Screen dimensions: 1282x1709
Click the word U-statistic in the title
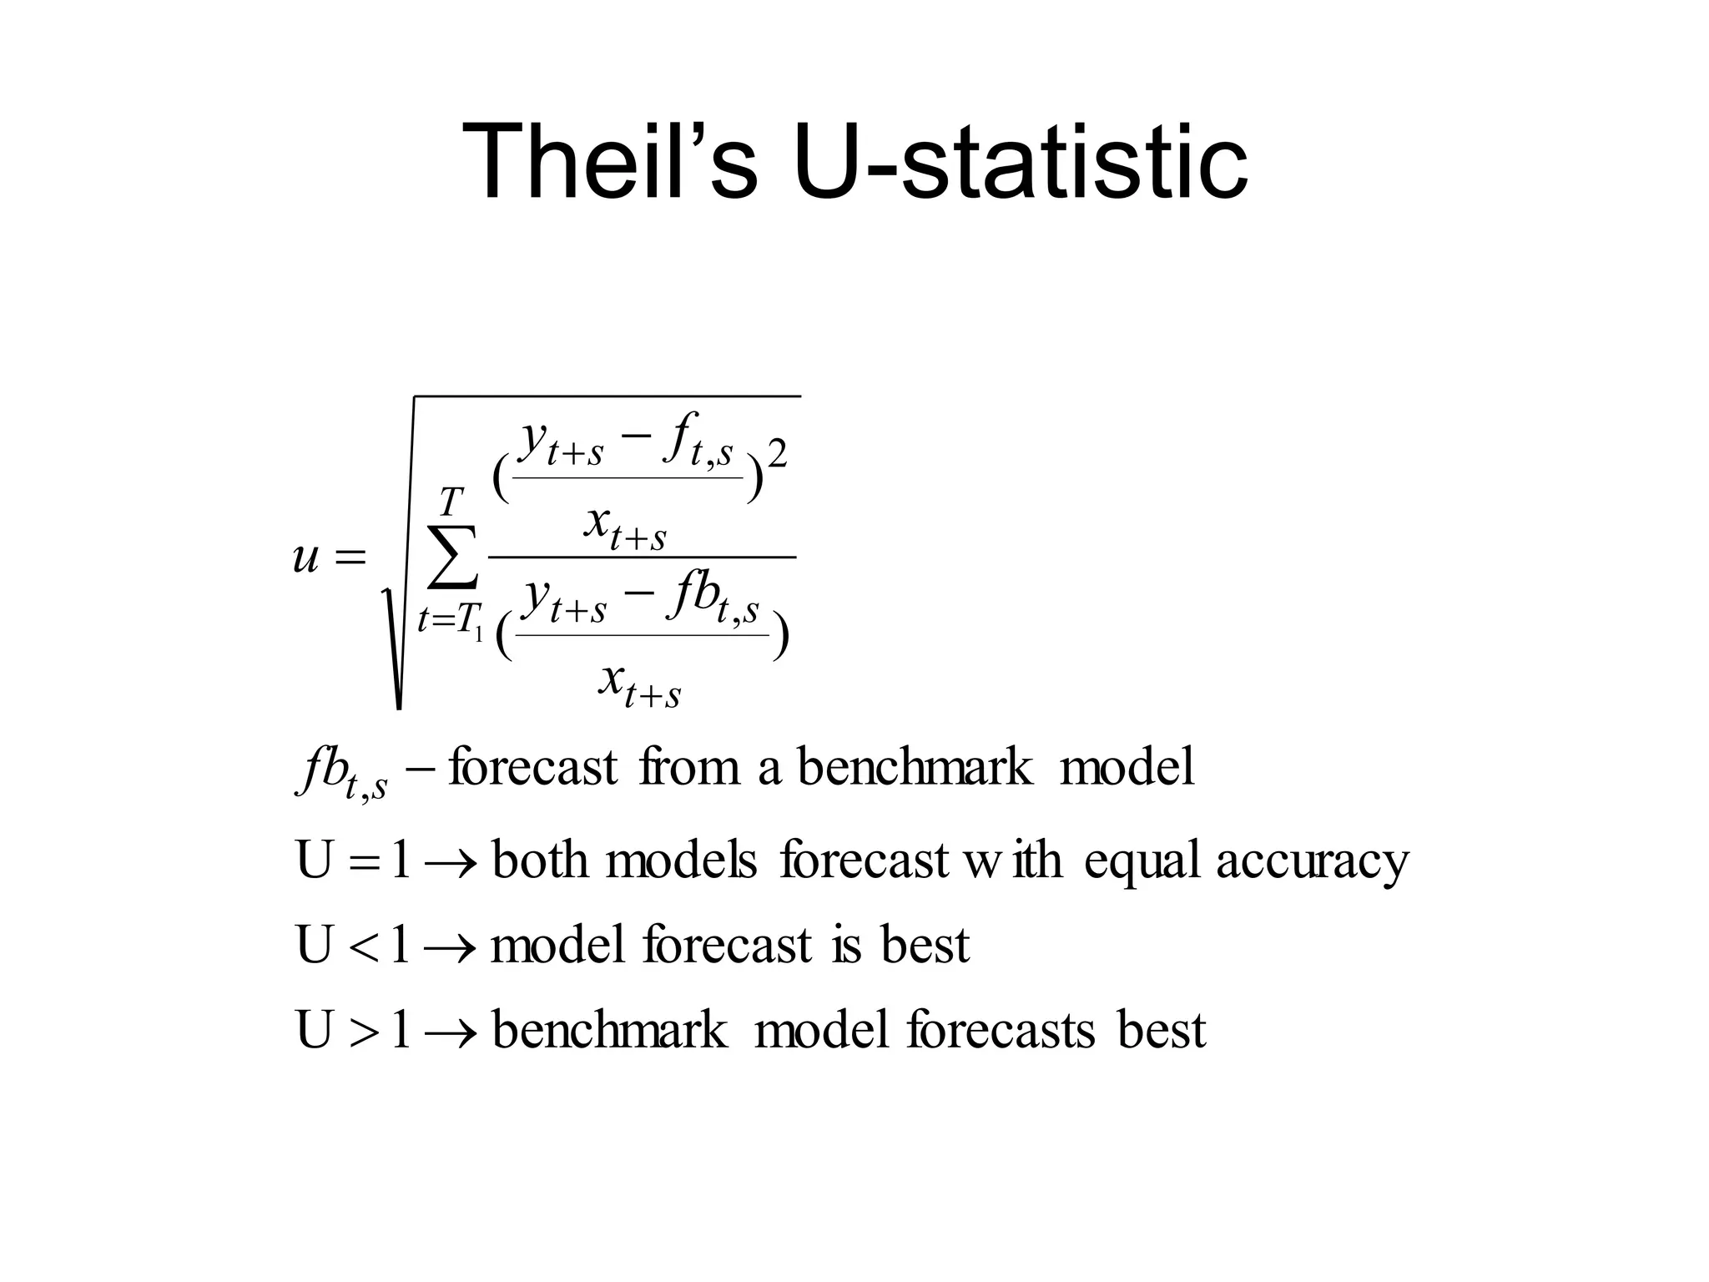pos(1020,160)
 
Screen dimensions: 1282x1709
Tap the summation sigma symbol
pos(451,556)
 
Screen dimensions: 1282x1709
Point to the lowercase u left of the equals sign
pos(306,558)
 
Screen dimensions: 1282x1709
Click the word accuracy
pos(1312,860)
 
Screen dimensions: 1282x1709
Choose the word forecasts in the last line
pos(1001,1031)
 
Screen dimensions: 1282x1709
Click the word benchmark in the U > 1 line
pos(609,1031)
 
